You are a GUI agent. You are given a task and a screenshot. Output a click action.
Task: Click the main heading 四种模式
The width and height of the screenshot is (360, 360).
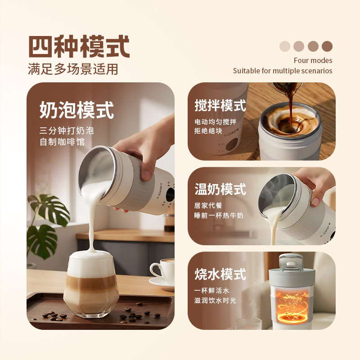[79, 46]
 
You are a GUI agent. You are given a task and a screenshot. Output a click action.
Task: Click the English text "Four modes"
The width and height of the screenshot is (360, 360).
[313, 60]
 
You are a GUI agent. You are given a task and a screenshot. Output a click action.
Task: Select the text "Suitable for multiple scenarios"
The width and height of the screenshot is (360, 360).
[283, 71]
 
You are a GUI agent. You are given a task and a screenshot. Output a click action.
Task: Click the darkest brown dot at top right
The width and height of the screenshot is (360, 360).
[327, 46]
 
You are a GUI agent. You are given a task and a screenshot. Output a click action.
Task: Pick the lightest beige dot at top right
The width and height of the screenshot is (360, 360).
[285, 46]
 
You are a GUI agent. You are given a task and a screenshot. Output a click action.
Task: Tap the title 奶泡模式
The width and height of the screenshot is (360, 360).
[77, 110]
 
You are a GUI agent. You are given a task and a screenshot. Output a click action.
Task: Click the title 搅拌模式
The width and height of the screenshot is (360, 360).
[220, 106]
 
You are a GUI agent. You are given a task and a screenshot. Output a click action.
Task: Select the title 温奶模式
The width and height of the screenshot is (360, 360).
[220, 189]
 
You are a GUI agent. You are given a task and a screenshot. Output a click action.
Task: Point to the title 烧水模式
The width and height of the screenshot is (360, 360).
[220, 274]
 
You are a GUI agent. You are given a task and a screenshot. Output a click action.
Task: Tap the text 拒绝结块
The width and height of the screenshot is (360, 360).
[208, 131]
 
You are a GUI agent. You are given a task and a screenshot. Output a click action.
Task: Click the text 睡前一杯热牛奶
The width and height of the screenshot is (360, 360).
[219, 216]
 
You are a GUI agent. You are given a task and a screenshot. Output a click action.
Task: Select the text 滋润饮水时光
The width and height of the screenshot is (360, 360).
[215, 300]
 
